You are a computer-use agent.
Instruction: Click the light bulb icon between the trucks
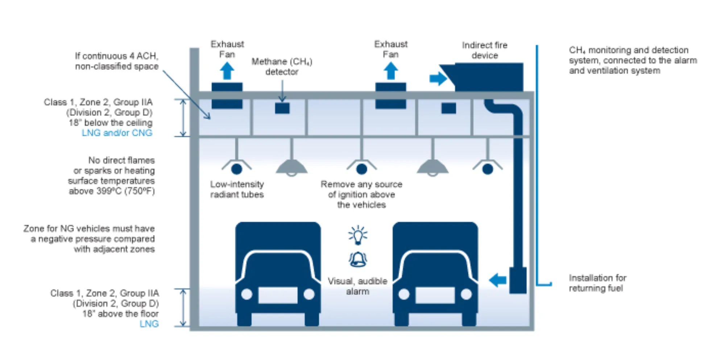358,235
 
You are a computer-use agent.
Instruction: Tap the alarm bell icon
358,259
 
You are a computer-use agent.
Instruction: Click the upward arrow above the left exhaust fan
227,71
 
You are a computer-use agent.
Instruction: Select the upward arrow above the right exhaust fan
390,71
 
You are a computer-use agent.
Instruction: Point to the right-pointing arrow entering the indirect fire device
438,79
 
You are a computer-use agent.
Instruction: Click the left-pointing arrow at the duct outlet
498,280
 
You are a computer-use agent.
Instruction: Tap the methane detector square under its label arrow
282,108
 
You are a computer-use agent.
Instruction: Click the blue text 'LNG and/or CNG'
117,133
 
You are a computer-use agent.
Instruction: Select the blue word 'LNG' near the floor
149,324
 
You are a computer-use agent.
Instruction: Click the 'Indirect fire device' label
485,50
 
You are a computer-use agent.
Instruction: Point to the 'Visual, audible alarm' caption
357,286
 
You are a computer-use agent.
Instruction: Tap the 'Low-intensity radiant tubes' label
237,189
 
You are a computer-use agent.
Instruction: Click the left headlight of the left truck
247,294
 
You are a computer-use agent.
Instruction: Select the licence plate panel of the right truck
435,295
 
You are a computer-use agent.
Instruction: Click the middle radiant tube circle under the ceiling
361,169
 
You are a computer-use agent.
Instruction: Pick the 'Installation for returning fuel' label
597,283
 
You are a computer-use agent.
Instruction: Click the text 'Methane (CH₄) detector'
282,67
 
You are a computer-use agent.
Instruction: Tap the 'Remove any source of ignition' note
361,194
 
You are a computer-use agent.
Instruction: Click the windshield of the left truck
278,266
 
